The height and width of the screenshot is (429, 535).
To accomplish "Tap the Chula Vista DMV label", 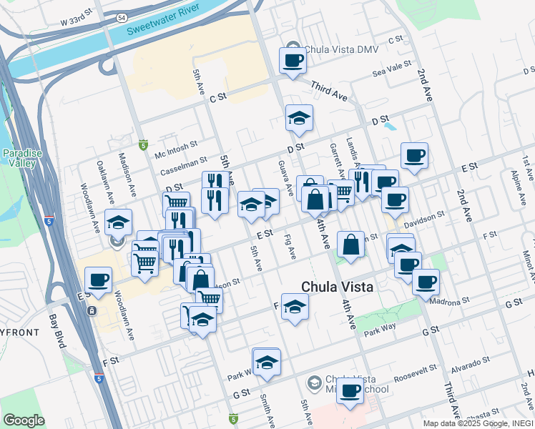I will click(x=340, y=50).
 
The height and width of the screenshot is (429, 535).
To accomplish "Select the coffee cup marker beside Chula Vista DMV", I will click(x=292, y=61).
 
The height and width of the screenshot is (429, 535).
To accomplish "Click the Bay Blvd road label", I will click(x=57, y=330).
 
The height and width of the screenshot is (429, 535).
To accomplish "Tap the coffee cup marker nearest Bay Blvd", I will click(x=98, y=280).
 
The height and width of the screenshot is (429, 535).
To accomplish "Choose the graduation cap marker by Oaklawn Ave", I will click(x=119, y=222).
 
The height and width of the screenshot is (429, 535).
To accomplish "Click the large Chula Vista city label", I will click(x=337, y=287).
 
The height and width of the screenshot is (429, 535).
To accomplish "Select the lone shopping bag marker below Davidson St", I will click(x=351, y=245).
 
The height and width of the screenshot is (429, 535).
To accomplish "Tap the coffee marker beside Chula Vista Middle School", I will click(x=350, y=390).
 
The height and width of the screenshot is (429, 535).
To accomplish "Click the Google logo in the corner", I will click(x=24, y=420).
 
